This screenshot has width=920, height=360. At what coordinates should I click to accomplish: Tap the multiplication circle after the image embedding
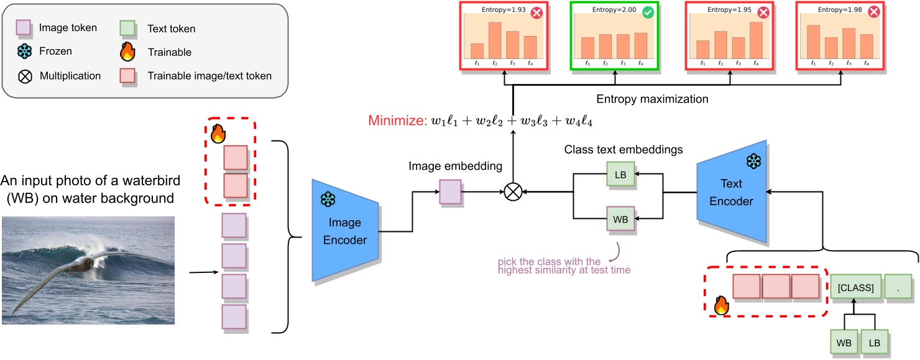(512, 192)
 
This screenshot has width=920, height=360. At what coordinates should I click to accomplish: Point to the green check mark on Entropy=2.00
(648, 12)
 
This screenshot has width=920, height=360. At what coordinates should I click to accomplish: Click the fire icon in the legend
(127, 52)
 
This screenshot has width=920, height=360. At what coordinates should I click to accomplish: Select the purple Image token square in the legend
(23, 28)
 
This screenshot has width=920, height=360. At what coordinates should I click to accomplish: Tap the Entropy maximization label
(652, 99)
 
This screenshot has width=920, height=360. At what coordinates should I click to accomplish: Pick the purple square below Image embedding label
(450, 192)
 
